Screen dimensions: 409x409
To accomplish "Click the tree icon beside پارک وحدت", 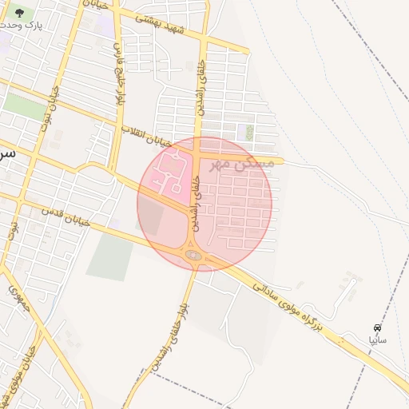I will pos(20,13).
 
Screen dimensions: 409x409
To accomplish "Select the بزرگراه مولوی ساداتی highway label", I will pos(288,304).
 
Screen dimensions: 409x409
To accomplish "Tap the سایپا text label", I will pos(376,340).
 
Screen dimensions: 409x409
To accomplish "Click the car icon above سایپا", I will pos(377,328).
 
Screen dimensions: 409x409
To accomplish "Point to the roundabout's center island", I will pos(193,256).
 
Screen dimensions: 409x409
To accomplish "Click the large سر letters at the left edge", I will pos(6,152).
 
